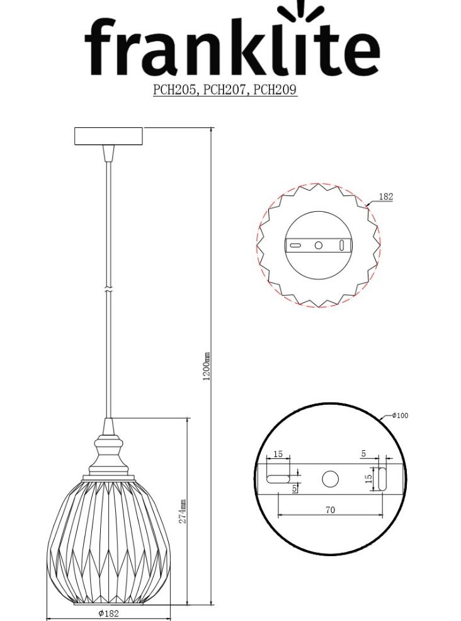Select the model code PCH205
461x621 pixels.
[174, 90]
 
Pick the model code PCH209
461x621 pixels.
[275, 90]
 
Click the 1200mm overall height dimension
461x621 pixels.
[206, 366]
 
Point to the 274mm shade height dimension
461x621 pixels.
[183, 511]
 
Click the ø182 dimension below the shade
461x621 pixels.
[109, 613]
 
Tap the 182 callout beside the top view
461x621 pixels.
[386, 197]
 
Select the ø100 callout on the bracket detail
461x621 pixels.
[400, 415]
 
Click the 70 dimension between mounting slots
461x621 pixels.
[330, 510]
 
